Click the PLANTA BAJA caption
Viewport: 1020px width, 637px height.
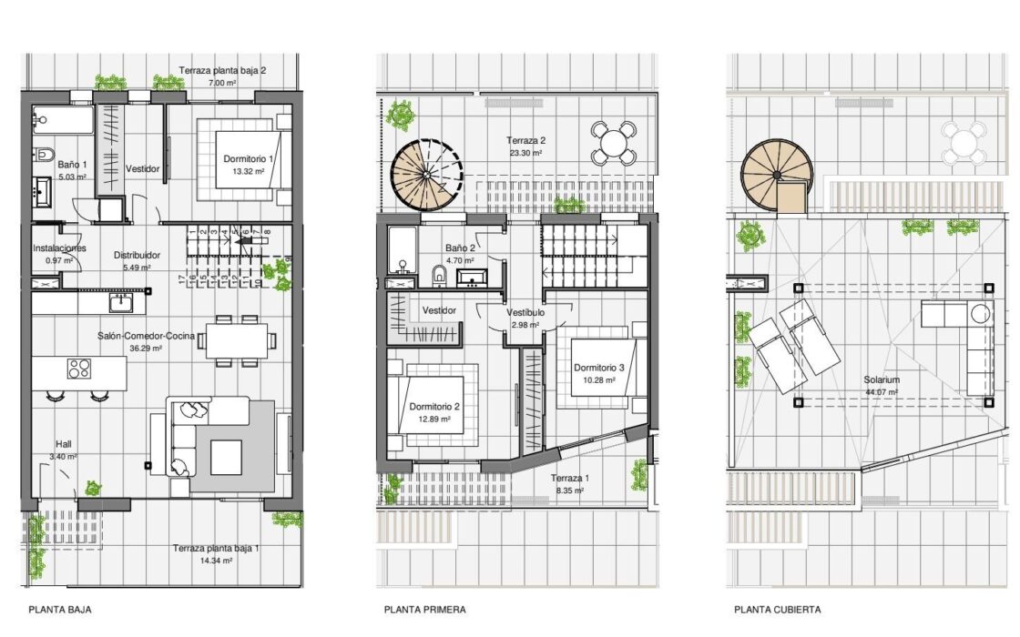pos(60,610)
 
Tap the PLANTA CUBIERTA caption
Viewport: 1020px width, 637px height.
pos(778,610)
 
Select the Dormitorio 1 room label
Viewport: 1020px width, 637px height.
pos(249,158)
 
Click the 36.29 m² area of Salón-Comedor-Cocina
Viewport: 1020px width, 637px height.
pos(146,349)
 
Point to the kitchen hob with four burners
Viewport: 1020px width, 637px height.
pos(78,369)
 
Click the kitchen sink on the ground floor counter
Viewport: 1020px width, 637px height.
pos(121,302)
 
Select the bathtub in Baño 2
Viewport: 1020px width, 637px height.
pos(402,250)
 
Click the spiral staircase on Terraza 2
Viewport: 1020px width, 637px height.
pos(427,175)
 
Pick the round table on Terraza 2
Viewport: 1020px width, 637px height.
pos(613,143)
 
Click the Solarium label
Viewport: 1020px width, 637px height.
pos(882,379)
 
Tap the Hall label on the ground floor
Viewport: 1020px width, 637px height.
pos(64,445)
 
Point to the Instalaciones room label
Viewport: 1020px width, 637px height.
pos(59,248)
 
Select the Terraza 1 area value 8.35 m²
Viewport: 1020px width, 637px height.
pos(569,490)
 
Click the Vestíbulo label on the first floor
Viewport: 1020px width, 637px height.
pos(525,313)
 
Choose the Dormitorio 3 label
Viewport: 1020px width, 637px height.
pos(598,368)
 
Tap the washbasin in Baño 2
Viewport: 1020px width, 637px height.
pos(474,278)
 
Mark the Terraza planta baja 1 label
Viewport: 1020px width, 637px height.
pos(216,548)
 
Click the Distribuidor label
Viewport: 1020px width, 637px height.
pos(137,256)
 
